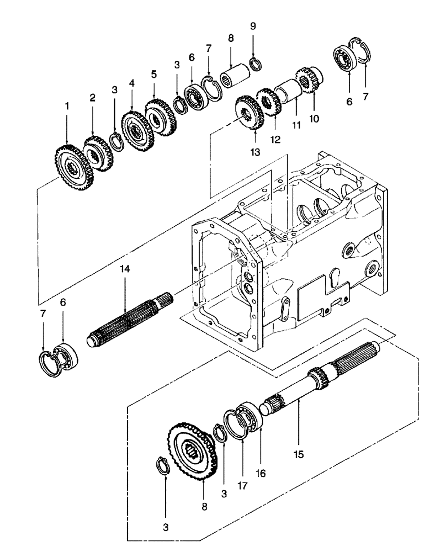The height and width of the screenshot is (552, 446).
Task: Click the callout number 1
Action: pos(67,104)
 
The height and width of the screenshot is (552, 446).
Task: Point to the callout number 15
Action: pos(299,455)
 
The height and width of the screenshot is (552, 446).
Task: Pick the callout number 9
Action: pos(253,26)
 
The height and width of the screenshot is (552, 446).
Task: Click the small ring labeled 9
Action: pos(255,63)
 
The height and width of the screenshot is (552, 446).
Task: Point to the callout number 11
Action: pos(296,125)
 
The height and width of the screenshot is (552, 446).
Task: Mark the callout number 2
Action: pos(93,98)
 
